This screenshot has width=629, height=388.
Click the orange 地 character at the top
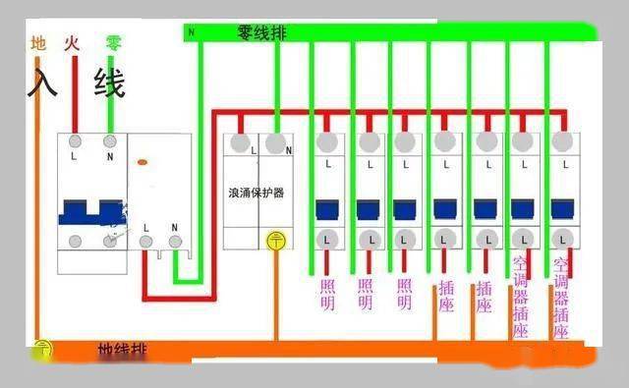(38, 43)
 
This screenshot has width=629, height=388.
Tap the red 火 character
(71, 43)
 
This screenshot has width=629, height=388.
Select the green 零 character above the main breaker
(114, 43)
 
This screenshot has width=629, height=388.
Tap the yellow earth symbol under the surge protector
(276, 239)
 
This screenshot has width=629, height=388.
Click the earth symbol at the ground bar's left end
(42, 348)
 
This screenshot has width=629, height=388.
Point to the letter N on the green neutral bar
(192, 33)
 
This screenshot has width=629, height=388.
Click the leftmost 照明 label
(328, 295)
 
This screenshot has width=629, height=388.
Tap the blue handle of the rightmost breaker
(562, 209)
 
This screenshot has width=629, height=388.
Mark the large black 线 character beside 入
(109, 83)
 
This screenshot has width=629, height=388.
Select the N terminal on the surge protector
(277, 143)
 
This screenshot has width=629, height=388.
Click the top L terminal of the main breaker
(74, 143)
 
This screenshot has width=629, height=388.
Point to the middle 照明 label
(367, 295)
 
